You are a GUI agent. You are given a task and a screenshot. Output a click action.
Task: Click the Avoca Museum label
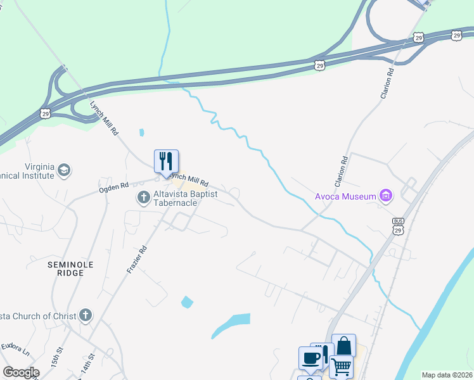click(x=346, y=196)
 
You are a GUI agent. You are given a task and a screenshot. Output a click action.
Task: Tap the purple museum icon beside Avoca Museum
click(x=385, y=196)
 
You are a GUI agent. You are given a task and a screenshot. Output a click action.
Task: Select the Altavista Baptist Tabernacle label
click(x=186, y=198)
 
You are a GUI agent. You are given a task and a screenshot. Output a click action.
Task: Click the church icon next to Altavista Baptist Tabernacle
click(x=144, y=198)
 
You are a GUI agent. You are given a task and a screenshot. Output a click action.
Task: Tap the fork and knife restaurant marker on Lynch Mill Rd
click(x=166, y=161)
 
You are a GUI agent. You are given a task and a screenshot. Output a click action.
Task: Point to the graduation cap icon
click(x=63, y=170)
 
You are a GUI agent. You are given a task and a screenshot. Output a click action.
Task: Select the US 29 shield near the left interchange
click(x=45, y=113)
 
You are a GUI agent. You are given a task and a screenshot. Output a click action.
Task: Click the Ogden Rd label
click(x=113, y=187)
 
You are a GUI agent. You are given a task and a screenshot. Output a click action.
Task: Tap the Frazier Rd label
click(x=137, y=260)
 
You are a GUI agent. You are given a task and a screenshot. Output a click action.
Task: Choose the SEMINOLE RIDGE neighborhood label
click(x=70, y=268)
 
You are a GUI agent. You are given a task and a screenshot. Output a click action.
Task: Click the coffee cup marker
click(x=310, y=357)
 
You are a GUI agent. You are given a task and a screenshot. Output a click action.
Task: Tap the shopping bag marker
click(x=343, y=346)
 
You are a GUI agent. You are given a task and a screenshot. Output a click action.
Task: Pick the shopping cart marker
click(x=341, y=366)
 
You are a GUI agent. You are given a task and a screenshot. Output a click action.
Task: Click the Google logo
click(x=21, y=372)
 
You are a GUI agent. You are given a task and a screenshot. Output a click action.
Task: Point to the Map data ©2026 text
click(x=447, y=375)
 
